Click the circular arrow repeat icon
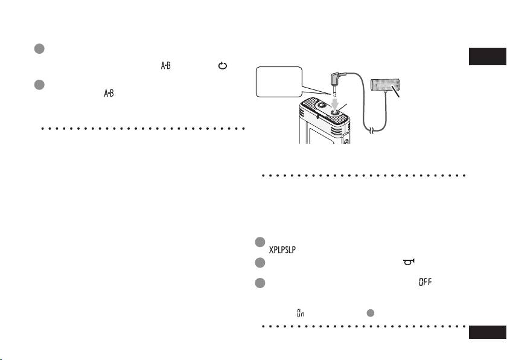pyautogui.click(x=223, y=66)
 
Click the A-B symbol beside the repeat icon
pyautogui.click(x=165, y=66)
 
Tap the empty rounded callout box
pyautogui.click(x=279, y=82)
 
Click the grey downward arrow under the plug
pyautogui.click(x=336, y=104)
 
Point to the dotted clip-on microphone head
pyautogui.click(x=385, y=85)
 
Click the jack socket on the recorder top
pyautogui.click(x=336, y=112)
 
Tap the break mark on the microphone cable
pyautogui.click(x=372, y=130)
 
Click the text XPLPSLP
pyautogui.click(x=282, y=250)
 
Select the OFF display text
pyautogui.click(x=425, y=282)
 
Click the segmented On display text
pyautogui.click(x=301, y=313)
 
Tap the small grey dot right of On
pyautogui.click(x=370, y=313)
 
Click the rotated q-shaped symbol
pyautogui.click(x=409, y=262)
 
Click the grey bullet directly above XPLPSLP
pyautogui.click(x=260, y=242)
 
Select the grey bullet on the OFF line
pyautogui.click(x=260, y=283)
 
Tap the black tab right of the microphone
pyautogui.click(x=488, y=57)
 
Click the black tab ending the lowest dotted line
pyautogui.click(x=488, y=332)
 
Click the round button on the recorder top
pyautogui.click(x=321, y=105)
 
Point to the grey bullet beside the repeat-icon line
pyautogui.click(x=39, y=49)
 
